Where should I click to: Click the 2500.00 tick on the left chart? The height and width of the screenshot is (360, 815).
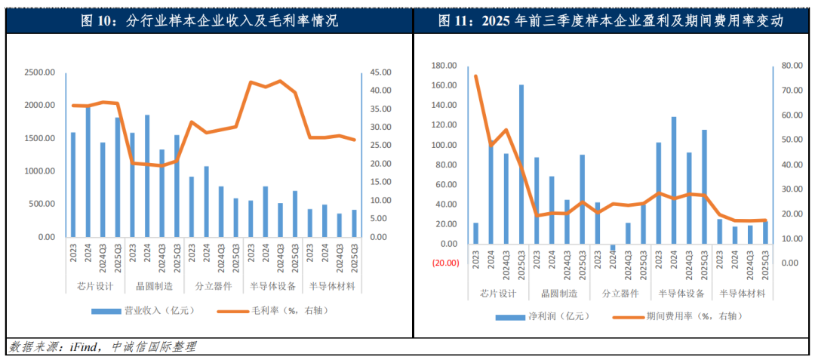pos(40,72)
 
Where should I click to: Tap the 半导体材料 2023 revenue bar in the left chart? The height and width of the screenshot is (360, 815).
pos(309,223)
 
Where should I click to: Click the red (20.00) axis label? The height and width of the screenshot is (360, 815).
pos(444,263)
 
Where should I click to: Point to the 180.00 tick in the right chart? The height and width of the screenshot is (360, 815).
pos(444,66)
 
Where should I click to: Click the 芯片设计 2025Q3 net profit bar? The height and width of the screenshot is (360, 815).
pos(521,164)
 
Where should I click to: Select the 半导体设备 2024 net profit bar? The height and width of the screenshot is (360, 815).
pos(673,180)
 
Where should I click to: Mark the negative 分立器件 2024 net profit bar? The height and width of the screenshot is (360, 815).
pos(613,248)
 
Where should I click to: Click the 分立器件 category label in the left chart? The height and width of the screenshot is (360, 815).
pos(211,287)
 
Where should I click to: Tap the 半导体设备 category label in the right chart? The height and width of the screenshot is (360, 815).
pos(681,294)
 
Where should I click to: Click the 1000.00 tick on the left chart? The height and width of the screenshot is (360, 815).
pos(40,171)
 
